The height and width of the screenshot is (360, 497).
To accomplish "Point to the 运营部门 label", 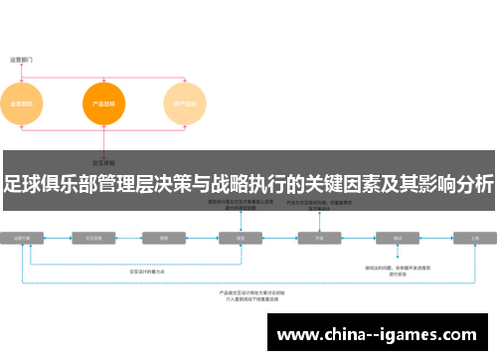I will (x=21, y=60).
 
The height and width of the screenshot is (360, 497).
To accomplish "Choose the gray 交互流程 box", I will (x=96, y=239).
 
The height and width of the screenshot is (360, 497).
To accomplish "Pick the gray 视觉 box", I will (x=240, y=239).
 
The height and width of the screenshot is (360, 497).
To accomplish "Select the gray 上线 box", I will (x=475, y=239).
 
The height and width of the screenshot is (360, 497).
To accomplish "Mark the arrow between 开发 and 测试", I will (x=358, y=239).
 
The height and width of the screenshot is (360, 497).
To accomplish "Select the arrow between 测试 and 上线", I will (x=436, y=239).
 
